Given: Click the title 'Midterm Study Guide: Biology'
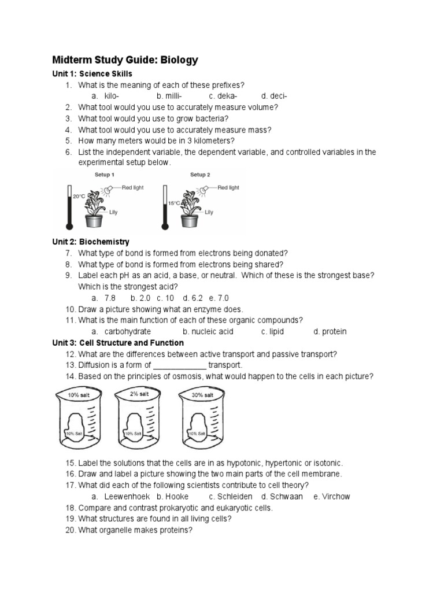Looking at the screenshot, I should click(x=125, y=60).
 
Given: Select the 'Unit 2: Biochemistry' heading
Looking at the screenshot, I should click(x=91, y=242).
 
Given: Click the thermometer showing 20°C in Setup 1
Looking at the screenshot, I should click(x=70, y=207).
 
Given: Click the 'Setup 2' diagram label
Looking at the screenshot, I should click(x=200, y=175).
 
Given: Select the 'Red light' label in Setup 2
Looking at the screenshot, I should click(x=228, y=188).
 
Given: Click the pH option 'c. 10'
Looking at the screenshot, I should click(x=165, y=298).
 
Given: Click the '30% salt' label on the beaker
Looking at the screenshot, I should click(x=202, y=395).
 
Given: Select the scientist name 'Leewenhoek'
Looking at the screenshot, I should click(x=127, y=497).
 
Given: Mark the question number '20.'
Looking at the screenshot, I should click(x=70, y=530).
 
